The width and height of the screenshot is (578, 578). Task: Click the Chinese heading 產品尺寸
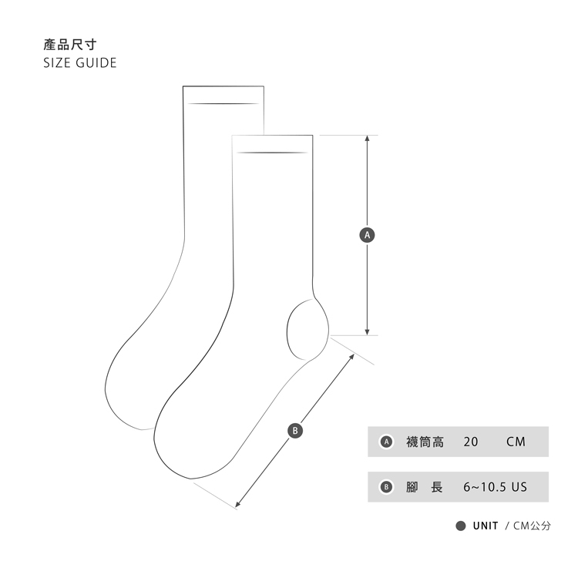tap(69, 45)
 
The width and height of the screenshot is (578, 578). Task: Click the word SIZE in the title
tap(57, 62)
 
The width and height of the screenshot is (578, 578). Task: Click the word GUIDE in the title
tap(96, 62)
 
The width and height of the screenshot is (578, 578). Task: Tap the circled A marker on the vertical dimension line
tap(368, 234)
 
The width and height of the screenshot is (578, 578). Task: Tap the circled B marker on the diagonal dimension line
tap(294, 430)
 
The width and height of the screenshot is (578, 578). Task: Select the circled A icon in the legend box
tap(388, 442)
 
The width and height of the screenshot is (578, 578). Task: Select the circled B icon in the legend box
tap(388, 487)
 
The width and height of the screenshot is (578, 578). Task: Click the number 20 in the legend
tap(471, 442)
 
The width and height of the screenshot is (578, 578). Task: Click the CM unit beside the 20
tap(516, 442)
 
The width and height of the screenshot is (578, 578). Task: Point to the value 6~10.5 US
tap(495, 487)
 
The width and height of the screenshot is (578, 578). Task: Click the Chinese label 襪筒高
tap(425, 442)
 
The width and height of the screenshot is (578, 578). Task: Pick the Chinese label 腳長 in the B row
tap(425, 487)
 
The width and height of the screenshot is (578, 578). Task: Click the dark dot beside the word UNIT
tap(460, 526)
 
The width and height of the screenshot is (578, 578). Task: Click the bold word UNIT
tap(485, 526)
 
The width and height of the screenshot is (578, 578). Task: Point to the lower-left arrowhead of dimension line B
tap(238, 505)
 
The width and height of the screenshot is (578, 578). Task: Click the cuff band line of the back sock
tap(223, 103)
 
